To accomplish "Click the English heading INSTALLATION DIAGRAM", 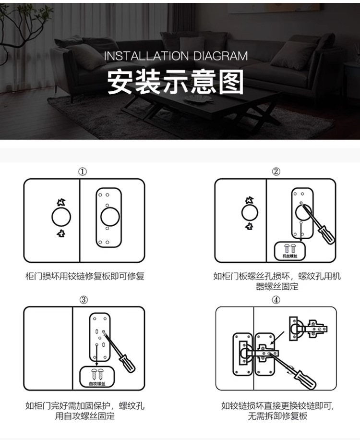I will click(x=176, y=56).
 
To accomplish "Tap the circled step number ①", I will click(x=83, y=171).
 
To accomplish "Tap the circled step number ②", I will click(x=276, y=171).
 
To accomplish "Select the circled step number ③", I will click(x=84, y=300).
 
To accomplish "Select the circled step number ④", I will click(x=276, y=300).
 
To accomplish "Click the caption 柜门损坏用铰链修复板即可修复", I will click(x=84, y=276).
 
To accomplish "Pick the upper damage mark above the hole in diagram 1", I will click(x=60, y=202).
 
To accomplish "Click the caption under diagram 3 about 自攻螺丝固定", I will click(x=84, y=411).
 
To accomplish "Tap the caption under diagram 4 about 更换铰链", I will click(x=277, y=411).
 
